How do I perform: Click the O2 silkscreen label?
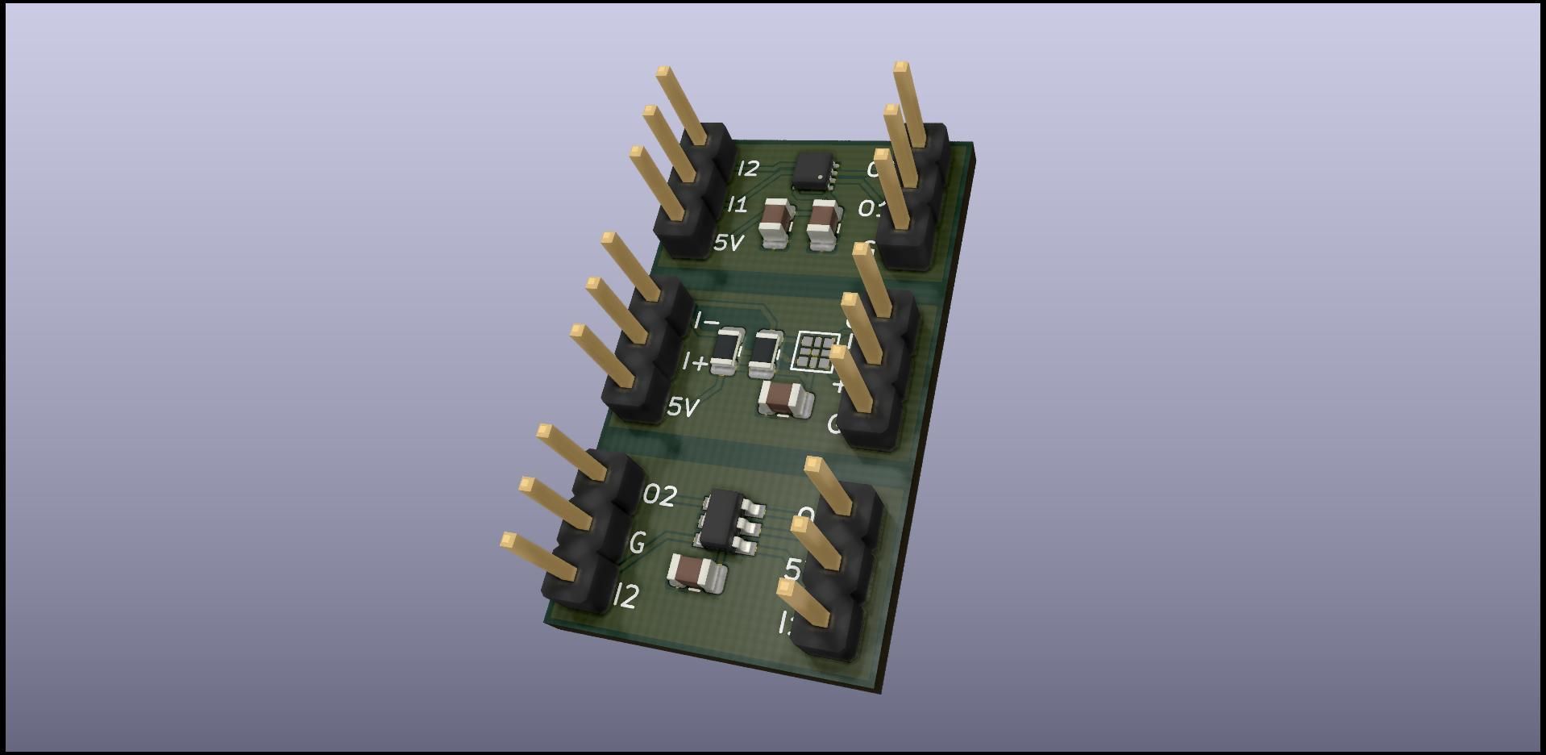[659, 495]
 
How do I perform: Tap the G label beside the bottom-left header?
[637, 543]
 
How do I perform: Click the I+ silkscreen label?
[695, 363]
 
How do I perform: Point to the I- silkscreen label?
[706, 322]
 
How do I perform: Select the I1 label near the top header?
[737, 205]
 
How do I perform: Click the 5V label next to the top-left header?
[728, 242]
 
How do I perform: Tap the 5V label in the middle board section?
[682, 407]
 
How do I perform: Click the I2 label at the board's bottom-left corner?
[626, 596]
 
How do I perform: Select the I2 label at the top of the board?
[748, 169]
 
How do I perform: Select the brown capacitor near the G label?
[694, 573]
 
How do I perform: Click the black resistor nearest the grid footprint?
[765, 353]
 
